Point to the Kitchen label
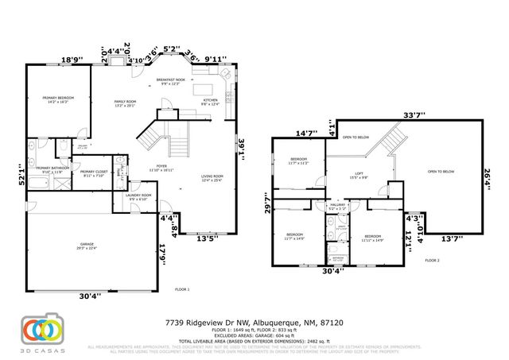pos(209,102)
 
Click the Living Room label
pos(212,178)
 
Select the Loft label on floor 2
pos(358,175)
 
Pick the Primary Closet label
pos(93,172)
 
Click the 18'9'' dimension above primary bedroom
pos(72,59)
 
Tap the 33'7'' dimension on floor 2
pos(411,114)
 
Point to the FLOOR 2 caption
pos(432,260)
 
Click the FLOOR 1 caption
pos(183,289)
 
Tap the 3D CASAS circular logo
pos(38,328)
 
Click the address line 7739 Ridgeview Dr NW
pos(254,323)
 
